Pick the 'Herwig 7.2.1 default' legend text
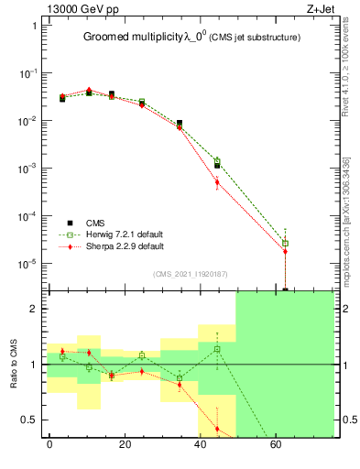tap(125, 234)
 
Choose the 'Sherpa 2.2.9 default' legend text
tap(125, 246)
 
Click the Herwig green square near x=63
tap(285, 243)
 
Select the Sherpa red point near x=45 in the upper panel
tap(217, 182)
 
